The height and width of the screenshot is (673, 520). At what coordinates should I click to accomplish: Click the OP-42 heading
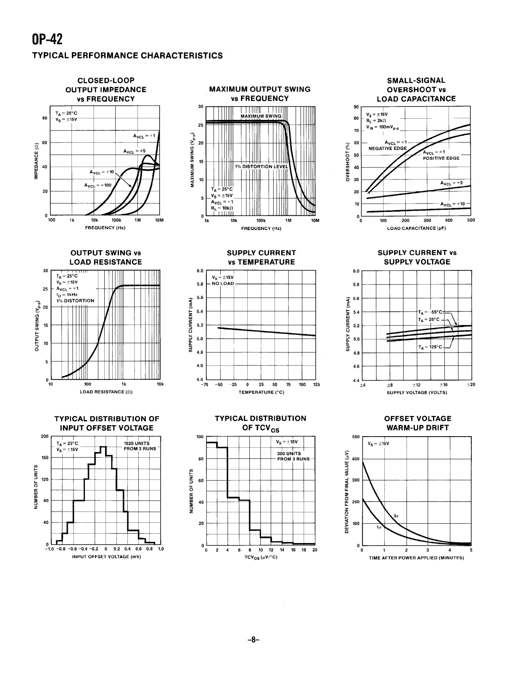pyautogui.click(x=47, y=39)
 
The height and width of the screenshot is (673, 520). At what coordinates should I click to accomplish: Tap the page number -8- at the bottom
pyautogui.click(x=253, y=640)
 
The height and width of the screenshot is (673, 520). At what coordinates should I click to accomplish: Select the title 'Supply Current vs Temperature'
pyautogui.click(x=261, y=257)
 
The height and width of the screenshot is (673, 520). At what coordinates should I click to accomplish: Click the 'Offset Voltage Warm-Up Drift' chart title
pyautogui.click(x=417, y=423)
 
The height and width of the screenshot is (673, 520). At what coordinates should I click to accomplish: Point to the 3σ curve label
pyautogui.click(x=396, y=516)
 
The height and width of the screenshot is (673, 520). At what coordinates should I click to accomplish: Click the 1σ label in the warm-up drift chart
pyautogui.click(x=379, y=527)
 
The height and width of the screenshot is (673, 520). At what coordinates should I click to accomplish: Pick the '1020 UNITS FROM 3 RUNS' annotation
pyautogui.click(x=140, y=446)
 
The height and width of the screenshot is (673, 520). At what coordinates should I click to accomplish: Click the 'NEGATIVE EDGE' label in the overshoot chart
pyautogui.click(x=388, y=148)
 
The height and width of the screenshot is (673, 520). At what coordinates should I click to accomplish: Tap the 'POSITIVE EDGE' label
pyautogui.click(x=441, y=158)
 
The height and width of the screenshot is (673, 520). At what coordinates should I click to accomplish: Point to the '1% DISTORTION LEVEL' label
pyautogui.click(x=261, y=167)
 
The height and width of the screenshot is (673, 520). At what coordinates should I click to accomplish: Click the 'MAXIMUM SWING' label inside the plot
pyautogui.click(x=261, y=116)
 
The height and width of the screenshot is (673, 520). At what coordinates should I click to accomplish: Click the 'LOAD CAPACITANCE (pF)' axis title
pyautogui.click(x=416, y=228)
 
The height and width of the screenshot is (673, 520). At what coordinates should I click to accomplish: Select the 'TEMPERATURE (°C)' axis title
pyautogui.click(x=261, y=392)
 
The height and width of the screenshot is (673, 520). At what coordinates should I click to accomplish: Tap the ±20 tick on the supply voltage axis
pyautogui.click(x=470, y=384)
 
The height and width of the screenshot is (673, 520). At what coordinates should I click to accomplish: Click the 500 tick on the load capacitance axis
pyautogui.click(x=470, y=220)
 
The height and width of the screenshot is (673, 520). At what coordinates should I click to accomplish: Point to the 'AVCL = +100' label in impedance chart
pyautogui.click(x=98, y=185)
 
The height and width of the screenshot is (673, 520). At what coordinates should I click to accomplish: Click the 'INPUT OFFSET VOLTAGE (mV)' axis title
pyautogui.click(x=106, y=556)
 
